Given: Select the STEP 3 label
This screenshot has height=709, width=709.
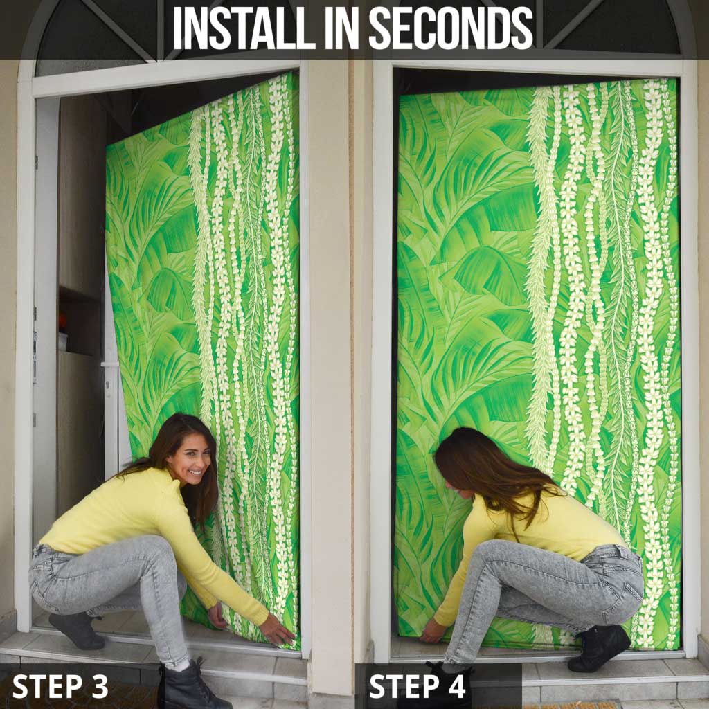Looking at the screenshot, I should (60, 686).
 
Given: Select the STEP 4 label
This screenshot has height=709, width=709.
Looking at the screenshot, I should (417, 686).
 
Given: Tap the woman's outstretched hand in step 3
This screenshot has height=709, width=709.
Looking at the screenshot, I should (276, 630).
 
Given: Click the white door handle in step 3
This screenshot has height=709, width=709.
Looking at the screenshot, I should (109, 364).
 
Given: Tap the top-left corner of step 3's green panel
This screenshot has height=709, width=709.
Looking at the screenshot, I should (107, 145).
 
